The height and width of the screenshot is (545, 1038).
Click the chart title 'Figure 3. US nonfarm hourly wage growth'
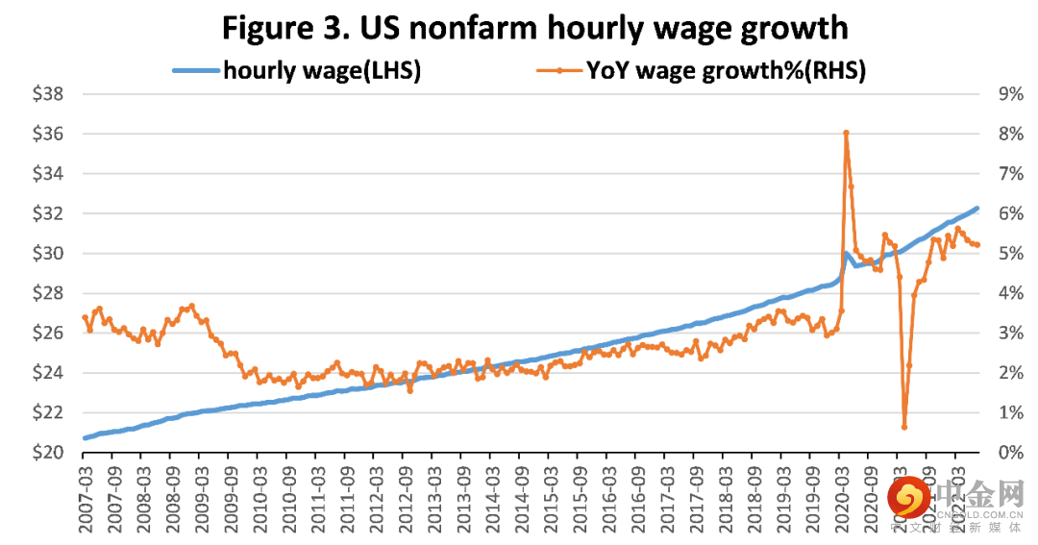[x=534, y=28]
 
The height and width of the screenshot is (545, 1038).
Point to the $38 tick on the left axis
[x=47, y=94]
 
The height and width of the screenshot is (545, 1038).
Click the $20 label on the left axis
[x=47, y=453]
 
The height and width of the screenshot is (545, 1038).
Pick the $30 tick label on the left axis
[x=47, y=254]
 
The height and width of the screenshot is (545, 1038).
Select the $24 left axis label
[x=47, y=373]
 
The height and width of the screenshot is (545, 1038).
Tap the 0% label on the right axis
[x=1008, y=453]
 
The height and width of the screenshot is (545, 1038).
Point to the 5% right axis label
[x=1008, y=254]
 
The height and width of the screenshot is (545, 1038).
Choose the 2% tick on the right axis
[x=1008, y=373]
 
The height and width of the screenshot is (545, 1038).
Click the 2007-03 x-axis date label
[x=87, y=495]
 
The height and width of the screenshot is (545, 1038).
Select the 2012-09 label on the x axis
[x=407, y=495]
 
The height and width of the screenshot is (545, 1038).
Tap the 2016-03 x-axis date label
[x=609, y=495]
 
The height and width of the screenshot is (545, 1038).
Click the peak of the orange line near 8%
[x=846, y=133]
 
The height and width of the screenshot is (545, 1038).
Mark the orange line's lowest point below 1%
[x=903, y=427]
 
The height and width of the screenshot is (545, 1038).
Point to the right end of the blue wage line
[x=976, y=209]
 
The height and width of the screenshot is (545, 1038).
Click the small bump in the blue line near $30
[x=846, y=254]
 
